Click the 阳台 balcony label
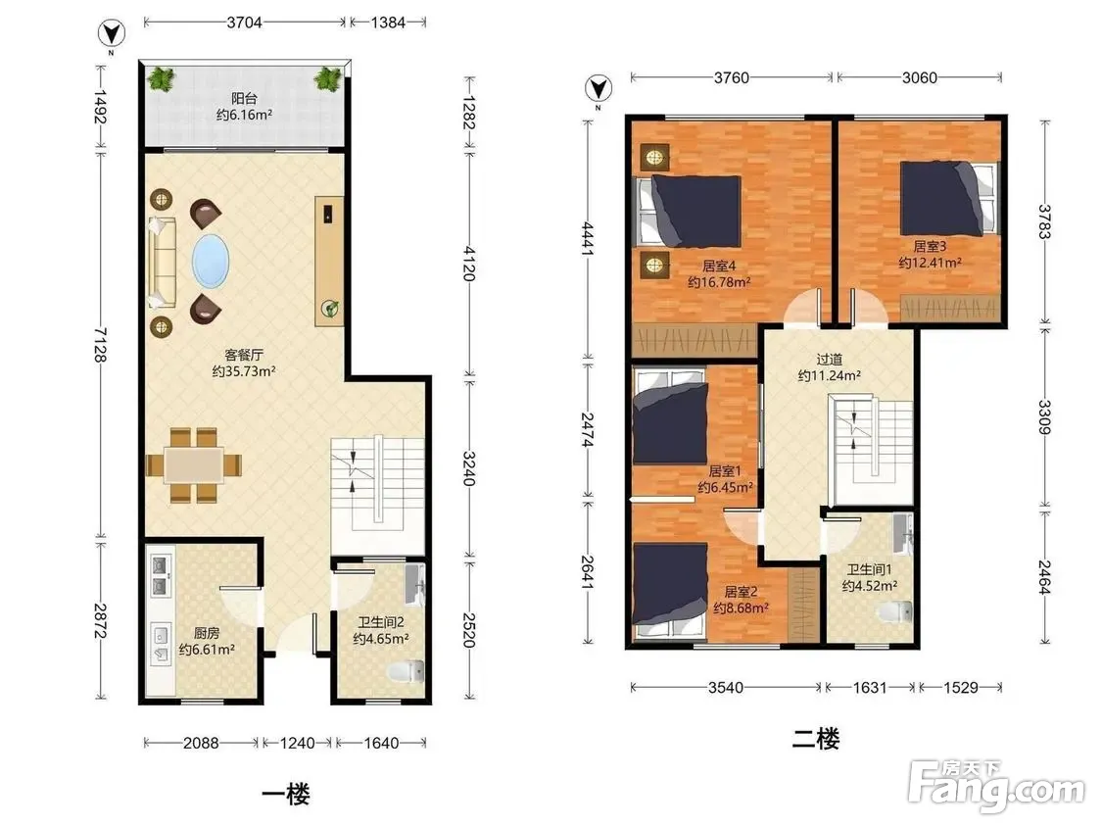coord(244,98)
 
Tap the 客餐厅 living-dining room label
coord(244,355)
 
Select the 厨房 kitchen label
coord(207,633)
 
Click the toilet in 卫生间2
coord(407,671)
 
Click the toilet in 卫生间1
coord(895,611)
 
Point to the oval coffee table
coord(211,261)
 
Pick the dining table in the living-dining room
coord(194,464)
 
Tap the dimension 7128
coord(101,345)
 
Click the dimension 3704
coord(244,23)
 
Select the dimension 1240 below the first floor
coord(297,743)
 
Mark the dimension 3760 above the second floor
coord(732,78)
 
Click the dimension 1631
coord(870,687)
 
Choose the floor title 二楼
coord(815,739)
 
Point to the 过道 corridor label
coord(830,360)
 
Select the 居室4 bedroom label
coord(718,266)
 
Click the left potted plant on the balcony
coord(161,78)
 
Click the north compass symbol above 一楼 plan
coord(111,33)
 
